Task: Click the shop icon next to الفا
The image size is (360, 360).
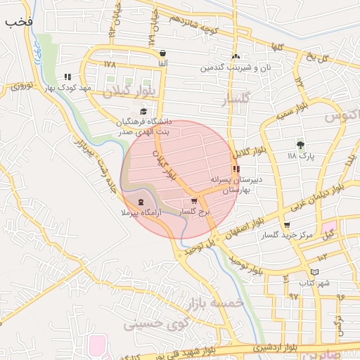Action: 163,53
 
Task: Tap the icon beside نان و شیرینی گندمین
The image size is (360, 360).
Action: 236,57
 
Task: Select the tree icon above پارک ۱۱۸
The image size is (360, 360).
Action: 301,144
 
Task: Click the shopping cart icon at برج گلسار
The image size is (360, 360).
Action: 194,201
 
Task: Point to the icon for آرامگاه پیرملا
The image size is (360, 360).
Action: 142,202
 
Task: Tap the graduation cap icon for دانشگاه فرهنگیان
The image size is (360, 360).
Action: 143,111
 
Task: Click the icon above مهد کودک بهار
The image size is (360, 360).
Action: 67,77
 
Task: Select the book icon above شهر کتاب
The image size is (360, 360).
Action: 314,271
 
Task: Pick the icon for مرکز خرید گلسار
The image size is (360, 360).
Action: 286,226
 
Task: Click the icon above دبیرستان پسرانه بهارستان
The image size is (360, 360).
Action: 236,169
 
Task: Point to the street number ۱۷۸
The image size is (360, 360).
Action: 109,64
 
